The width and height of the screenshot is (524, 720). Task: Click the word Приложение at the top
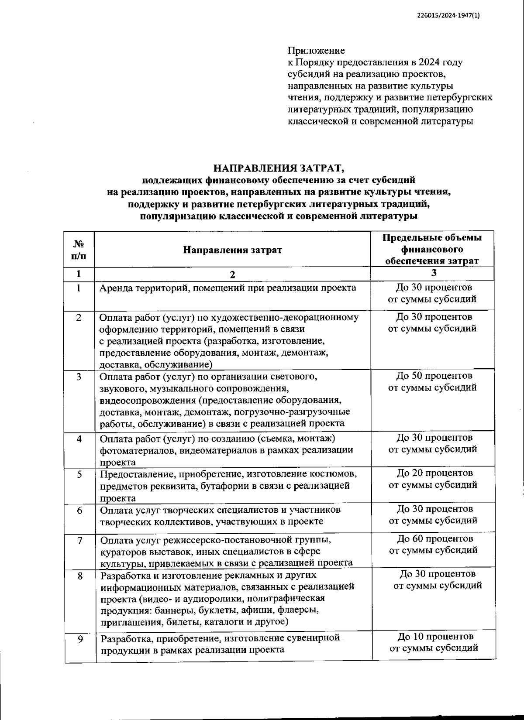point(316,51)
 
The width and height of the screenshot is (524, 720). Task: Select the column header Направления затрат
point(232,250)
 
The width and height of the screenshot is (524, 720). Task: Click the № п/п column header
point(78,250)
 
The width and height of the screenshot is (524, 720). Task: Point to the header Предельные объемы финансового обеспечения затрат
point(432,250)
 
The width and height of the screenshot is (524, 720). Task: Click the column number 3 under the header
point(434,273)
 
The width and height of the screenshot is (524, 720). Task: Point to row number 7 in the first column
point(80,540)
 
